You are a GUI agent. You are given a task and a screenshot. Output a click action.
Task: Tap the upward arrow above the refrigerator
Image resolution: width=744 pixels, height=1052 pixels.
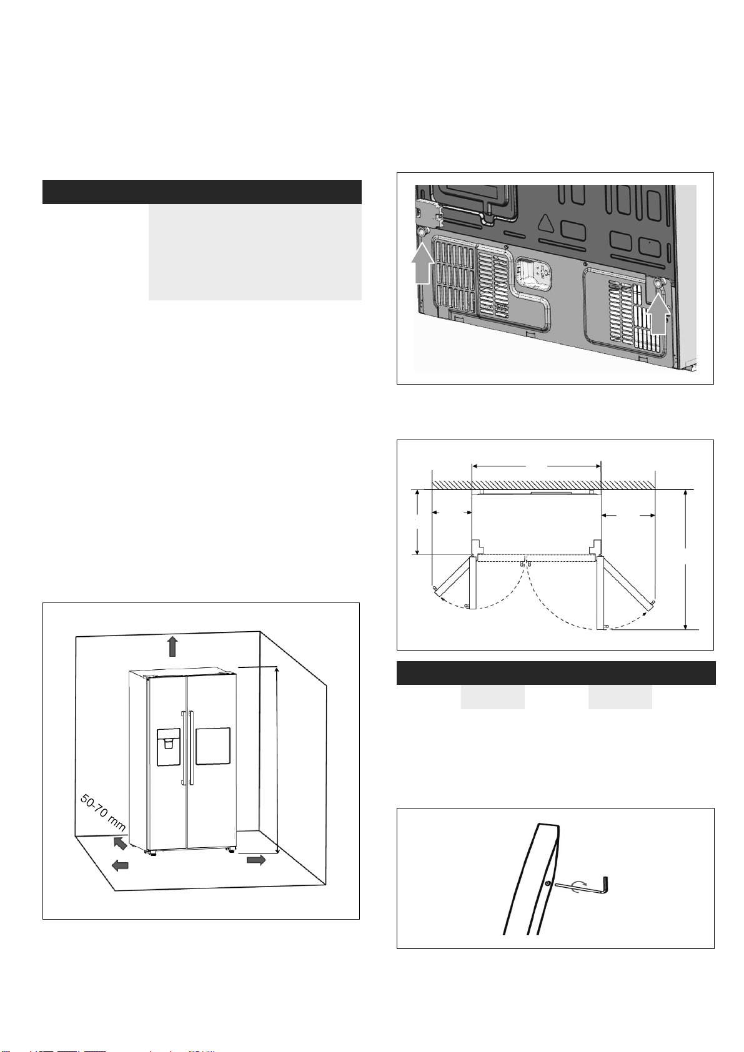coord(173,646)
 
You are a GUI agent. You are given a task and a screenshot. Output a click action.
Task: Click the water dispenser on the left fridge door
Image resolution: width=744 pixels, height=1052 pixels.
coord(169,747)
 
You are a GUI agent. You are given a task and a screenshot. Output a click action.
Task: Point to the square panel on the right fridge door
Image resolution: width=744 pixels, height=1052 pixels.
coord(213,746)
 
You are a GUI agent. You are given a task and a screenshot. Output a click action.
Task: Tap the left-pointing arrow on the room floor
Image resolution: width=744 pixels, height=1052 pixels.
coord(120,865)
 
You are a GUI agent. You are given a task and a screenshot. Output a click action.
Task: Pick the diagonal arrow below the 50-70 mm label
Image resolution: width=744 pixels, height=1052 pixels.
coord(120,843)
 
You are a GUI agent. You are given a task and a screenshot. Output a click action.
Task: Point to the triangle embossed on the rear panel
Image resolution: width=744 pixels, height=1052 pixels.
coord(546,223)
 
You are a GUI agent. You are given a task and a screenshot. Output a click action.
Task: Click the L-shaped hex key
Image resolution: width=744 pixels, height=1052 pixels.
coord(582,886)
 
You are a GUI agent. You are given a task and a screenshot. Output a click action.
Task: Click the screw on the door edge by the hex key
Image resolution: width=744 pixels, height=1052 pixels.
coord(548,883)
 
